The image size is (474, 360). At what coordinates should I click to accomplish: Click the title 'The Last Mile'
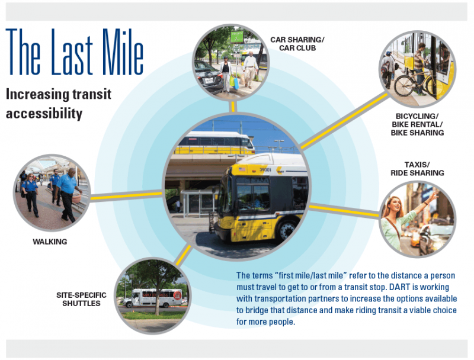click(75, 52)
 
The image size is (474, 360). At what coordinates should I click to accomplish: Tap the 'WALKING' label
click(50, 242)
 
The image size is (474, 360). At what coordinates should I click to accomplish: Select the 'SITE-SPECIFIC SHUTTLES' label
click(81, 299)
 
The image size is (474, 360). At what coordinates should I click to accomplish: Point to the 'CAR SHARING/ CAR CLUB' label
click(297, 44)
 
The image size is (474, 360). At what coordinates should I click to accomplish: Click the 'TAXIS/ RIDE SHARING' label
click(417, 169)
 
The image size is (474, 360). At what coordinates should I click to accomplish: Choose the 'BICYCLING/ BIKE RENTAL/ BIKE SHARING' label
click(417, 124)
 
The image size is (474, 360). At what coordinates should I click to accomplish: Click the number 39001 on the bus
click(265, 170)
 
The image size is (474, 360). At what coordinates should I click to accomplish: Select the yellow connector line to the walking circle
click(126, 196)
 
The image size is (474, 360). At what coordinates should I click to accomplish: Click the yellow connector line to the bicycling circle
click(345, 121)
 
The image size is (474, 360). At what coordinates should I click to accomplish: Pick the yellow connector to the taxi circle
click(344, 211)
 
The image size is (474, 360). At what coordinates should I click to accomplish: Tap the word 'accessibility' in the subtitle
click(44, 114)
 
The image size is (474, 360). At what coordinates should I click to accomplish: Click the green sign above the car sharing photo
click(237, 37)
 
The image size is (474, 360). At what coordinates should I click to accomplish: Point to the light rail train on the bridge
click(214, 143)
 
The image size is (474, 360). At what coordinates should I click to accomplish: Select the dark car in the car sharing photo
click(208, 75)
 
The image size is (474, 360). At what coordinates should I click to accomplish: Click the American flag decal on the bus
click(242, 169)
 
